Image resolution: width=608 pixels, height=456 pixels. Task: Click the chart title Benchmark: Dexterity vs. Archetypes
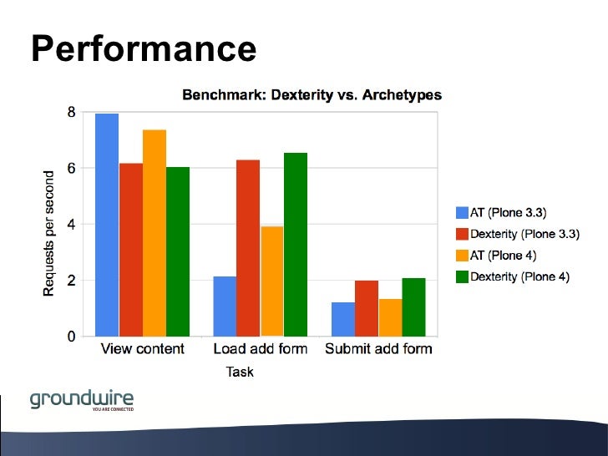[x=312, y=95]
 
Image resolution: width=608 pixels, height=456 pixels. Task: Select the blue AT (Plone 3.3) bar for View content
[x=107, y=225]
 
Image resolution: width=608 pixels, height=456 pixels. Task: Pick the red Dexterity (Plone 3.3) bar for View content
[x=131, y=251]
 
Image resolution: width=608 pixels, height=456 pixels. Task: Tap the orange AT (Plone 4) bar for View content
[x=155, y=234]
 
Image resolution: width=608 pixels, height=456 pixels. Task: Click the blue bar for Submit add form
[x=342, y=319]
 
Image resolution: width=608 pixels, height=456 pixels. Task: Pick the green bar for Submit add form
[x=413, y=307]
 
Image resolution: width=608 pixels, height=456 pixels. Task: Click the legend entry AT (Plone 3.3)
[x=509, y=212]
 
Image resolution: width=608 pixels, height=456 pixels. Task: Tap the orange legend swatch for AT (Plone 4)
[x=463, y=256]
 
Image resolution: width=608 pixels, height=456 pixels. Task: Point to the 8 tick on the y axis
[x=72, y=112]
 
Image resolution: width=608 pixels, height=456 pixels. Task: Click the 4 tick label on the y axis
[x=72, y=224]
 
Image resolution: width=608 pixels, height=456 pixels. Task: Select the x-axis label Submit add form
[x=378, y=348]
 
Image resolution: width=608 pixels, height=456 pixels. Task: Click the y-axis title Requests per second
[x=49, y=233]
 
